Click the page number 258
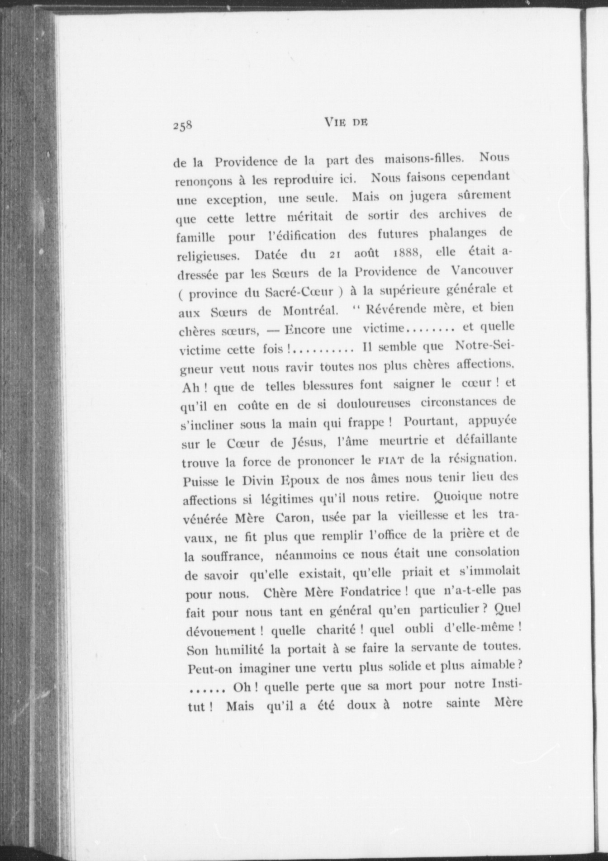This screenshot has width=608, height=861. pyautogui.click(x=183, y=126)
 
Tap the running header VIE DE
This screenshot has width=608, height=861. pyautogui.click(x=346, y=122)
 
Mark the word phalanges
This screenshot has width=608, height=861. pyautogui.click(x=457, y=234)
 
